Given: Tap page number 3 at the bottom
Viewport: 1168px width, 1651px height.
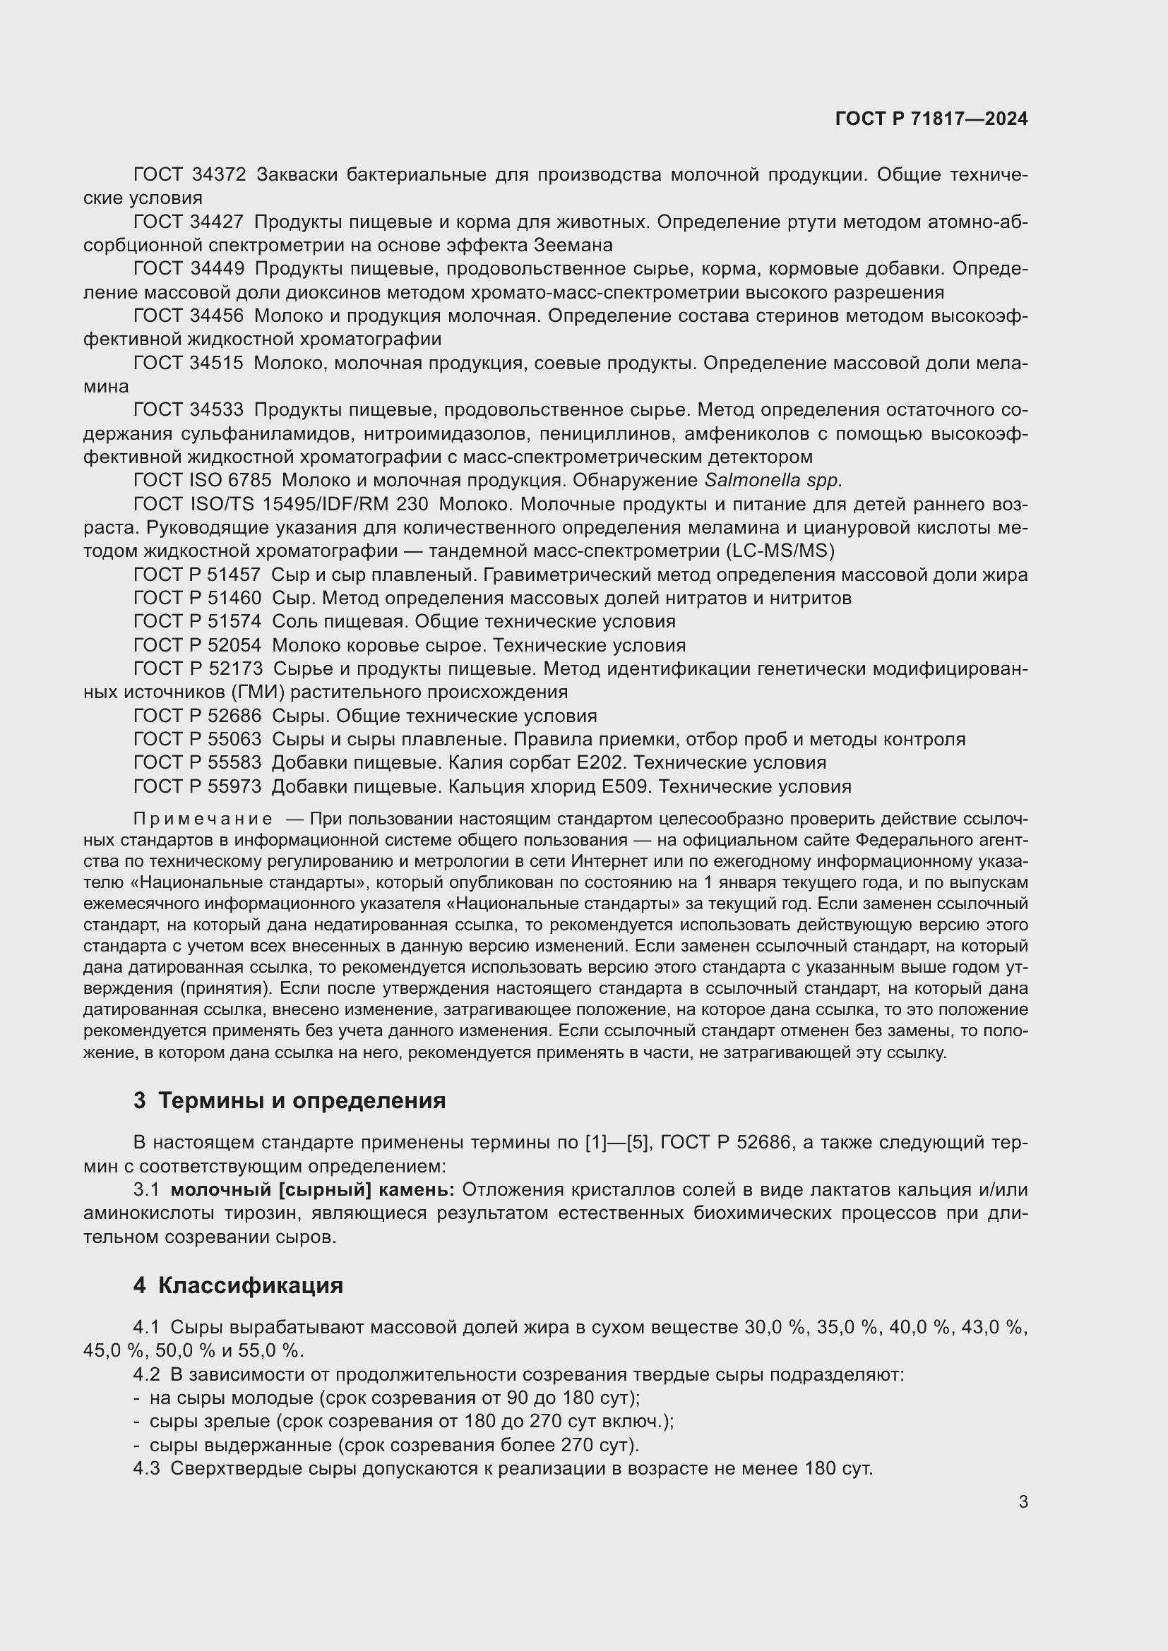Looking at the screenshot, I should (1023, 1501).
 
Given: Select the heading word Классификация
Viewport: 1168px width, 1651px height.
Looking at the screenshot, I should (250, 1285).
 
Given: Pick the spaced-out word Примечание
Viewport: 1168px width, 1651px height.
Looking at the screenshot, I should (203, 819).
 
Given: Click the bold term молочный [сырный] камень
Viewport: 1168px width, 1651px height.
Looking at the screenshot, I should (312, 1190).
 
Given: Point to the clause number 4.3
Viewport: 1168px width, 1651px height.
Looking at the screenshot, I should (146, 1468).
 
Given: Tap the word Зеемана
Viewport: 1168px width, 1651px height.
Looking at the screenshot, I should (573, 245).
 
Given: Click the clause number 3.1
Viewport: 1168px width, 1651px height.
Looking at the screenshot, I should (146, 1190).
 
